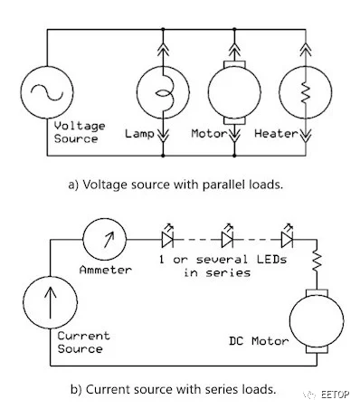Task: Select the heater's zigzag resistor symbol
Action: [x=306, y=93]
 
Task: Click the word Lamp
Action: [x=139, y=133]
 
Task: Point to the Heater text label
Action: [x=276, y=133]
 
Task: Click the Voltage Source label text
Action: [x=80, y=132]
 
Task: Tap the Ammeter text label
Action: [x=106, y=270]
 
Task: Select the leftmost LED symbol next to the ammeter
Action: [x=167, y=237]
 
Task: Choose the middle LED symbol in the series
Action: [x=227, y=237]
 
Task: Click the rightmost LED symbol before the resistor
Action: [x=287, y=237]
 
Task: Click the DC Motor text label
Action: [x=259, y=341]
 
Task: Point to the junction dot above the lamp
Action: [x=163, y=29]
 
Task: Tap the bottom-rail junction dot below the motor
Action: [x=234, y=156]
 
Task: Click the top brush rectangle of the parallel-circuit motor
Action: [x=234, y=64]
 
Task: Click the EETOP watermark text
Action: [x=335, y=395]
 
